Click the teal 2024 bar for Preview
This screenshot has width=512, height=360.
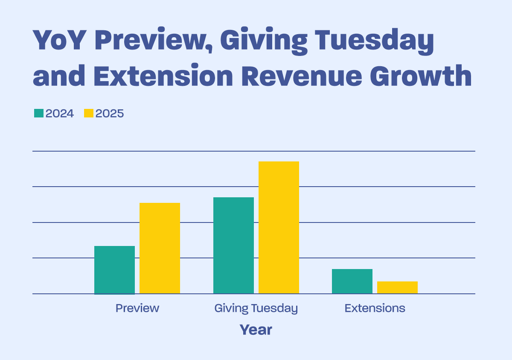tap(114, 270)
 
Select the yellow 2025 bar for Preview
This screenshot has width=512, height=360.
tap(160, 248)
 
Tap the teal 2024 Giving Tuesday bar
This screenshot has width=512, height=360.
tap(233, 246)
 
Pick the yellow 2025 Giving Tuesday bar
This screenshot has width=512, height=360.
tap(279, 227)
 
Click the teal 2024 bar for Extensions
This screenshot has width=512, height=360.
tap(352, 281)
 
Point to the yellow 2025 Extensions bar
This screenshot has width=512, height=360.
tap(397, 287)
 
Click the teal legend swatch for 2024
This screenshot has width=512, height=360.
tap(39, 114)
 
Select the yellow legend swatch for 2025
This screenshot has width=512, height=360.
tap(88, 114)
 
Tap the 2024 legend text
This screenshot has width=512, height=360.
tap(60, 114)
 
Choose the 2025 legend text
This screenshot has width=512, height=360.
tap(110, 114)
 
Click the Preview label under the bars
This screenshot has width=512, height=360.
tap(137, 308)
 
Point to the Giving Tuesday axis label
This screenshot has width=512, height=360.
tap(256, 308)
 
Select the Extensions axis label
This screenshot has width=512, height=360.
tap(375, 308)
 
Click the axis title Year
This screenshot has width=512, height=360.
tap(256, 330)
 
